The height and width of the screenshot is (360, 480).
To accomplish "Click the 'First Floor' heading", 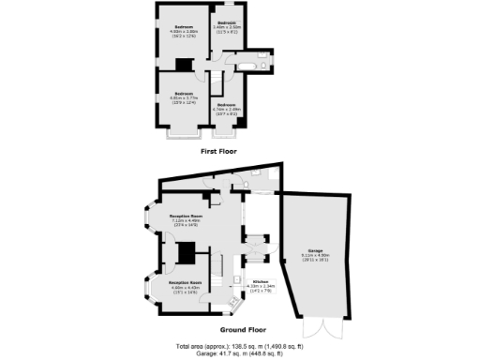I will (x=218, y=151).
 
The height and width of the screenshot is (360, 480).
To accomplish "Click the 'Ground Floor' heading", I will (x=243, y=330).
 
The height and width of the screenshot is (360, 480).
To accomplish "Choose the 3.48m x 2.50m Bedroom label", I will (x=228, y=27).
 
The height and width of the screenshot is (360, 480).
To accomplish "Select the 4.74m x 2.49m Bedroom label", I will (x=228, y=108).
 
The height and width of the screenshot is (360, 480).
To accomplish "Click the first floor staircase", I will (x=215, y=80).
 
